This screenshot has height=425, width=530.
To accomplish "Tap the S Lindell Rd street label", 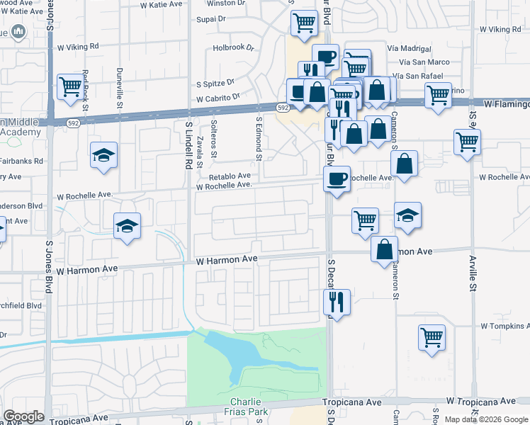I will pos(189,144).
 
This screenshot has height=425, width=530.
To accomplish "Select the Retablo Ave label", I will pos(230,176).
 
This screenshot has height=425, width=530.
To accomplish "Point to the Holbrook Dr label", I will pos(233,48).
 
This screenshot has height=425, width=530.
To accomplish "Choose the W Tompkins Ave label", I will pos(504,327).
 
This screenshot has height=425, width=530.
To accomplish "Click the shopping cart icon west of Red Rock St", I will pos(70,87).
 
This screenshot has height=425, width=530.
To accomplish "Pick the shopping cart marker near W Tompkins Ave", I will pos(432,338).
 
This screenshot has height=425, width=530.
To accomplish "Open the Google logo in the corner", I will pos(23,416).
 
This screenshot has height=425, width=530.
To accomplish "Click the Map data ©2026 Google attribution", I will pos(486,419).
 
